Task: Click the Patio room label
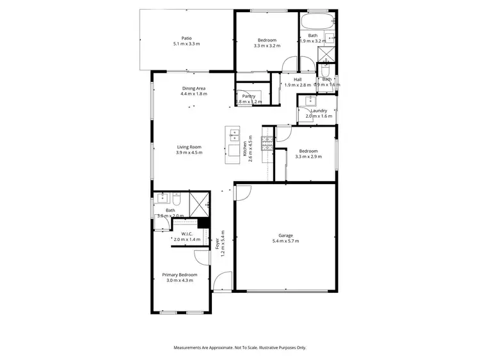tap(186, 38)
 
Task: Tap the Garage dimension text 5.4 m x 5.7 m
tap(285, 241)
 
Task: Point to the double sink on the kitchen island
tap(234, 135)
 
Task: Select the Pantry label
tap(249, 96)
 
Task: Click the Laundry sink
tap(309, 100)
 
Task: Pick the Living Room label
tap(189, 147)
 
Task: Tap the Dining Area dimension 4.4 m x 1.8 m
tap(193, 94)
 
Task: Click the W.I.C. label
tap(187, 233)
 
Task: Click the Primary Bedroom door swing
tap(203, 257)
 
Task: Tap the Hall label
tap(298, 79)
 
